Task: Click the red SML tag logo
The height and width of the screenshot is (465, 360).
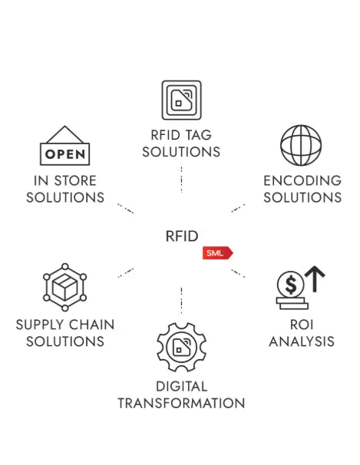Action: [218, 253]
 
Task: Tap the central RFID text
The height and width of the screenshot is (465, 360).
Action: [182, 236]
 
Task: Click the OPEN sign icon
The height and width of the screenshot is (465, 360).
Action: [65, 145]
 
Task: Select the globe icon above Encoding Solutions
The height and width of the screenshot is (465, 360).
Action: [301, 145]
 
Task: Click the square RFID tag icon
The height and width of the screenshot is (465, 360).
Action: [181, 100]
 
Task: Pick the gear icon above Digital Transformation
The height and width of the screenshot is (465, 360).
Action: [181, 347]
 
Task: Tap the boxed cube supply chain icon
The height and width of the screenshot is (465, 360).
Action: [65, 287]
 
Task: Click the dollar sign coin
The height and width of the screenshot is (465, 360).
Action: [291, 285]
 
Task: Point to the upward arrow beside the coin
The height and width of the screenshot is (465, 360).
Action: [315, 279]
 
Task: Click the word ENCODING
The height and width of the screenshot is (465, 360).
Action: [302, 180]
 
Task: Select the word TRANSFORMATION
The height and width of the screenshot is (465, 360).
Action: [181, 404]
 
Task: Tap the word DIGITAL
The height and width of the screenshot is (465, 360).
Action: [181, 387]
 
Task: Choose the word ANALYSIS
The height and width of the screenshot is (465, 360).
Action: [302, 341]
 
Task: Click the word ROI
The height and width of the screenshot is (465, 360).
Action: [302, 325]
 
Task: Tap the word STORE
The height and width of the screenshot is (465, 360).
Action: [75, 180]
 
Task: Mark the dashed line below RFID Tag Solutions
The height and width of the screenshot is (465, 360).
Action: [181, 180]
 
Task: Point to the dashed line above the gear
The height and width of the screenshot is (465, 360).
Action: [181, 300]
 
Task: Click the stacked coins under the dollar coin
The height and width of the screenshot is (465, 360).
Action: [292, 303]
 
